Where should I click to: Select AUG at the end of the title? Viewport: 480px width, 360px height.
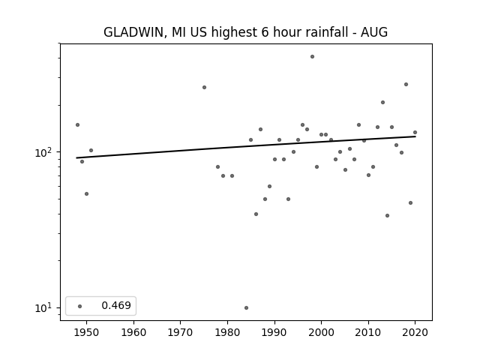click(x=374, y=32)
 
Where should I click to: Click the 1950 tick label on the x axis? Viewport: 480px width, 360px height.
click(x=87, y=332)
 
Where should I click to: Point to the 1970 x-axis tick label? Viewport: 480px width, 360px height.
click(x=180, y=332)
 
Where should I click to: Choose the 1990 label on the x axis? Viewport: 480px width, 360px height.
click(x=274, y=332)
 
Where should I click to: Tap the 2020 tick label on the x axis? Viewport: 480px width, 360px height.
click(x=415, y=332)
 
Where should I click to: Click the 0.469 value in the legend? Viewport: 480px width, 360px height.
click(x=116, y=305)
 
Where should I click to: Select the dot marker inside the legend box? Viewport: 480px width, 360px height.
click(x=80, y=306)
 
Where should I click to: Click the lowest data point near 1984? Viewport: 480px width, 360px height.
click(x=247, y=307)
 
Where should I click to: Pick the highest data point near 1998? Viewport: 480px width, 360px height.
click(x=312, y=57)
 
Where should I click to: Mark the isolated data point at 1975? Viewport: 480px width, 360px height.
click(x=204, y=87)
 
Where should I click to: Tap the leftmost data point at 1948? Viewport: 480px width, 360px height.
click(x=77, y=125)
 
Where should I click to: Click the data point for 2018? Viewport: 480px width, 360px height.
click(x=406, y=85)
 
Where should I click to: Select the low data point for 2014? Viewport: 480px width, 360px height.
click(x=387, y=215)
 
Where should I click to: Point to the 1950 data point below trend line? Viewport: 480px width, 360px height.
click(x=87, y=193)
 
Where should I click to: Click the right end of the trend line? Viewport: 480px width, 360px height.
click(x=415, y=136)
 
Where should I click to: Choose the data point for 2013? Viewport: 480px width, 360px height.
click(x=382, y=102)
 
